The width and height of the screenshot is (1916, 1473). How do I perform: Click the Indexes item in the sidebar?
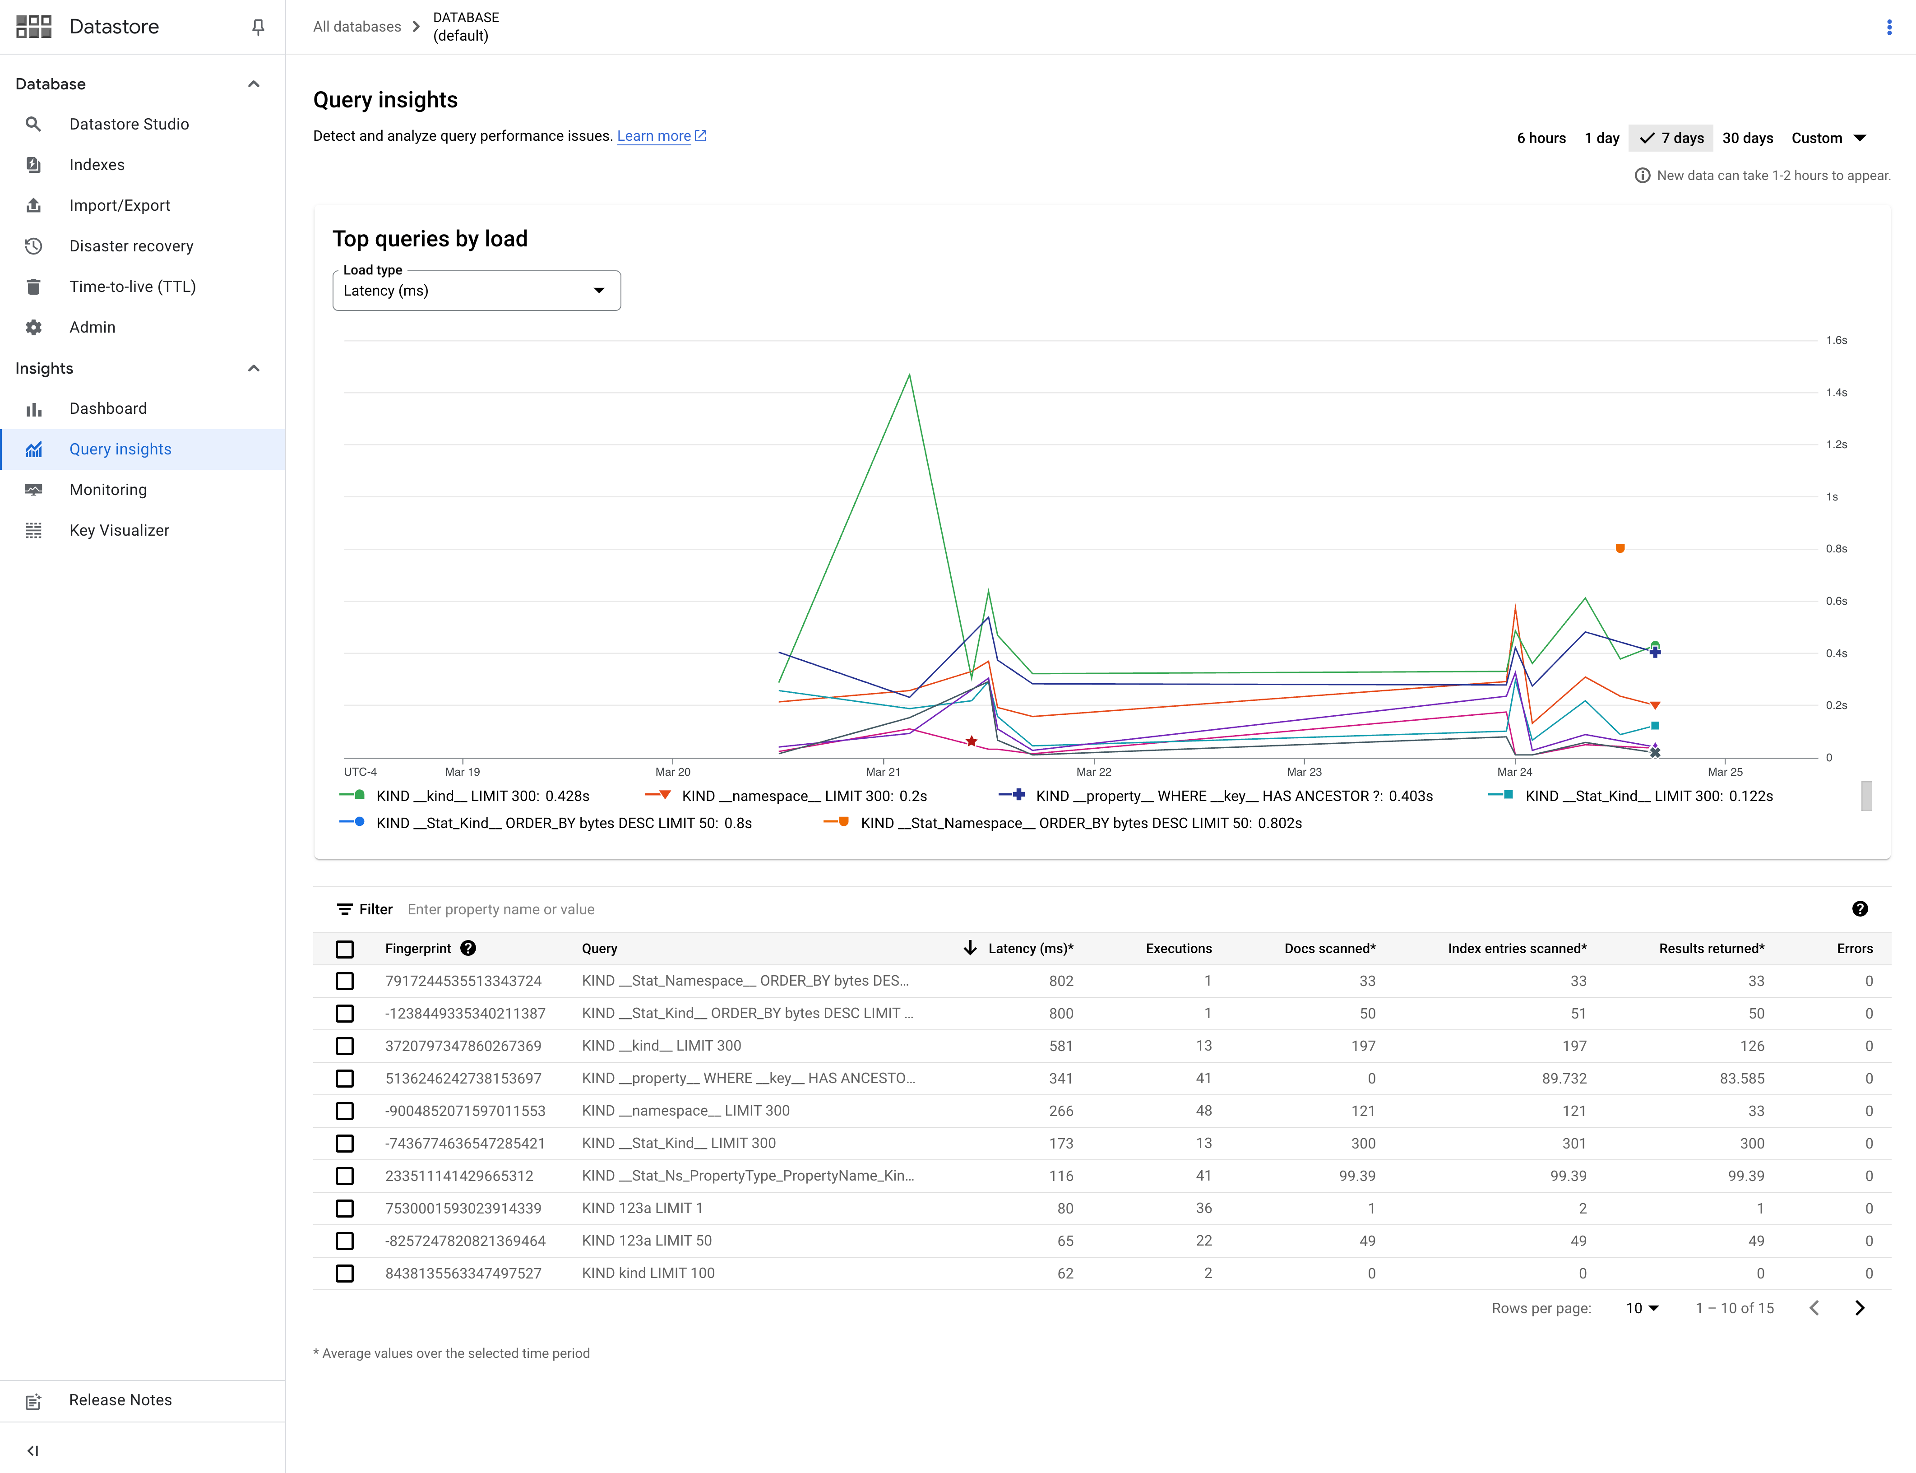(97, 165)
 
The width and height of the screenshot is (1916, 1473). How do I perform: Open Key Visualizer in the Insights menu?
(119, 530)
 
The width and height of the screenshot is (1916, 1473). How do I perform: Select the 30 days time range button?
(1747, 138)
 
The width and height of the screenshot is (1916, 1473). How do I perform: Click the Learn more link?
(654, 136)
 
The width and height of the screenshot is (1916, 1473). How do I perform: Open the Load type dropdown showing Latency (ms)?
(476, 290)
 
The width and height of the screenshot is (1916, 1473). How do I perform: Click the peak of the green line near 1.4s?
(909, 375)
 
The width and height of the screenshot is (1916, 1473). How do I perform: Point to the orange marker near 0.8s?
(1620, 549)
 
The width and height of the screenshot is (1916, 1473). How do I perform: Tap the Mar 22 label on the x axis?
(1093, 772)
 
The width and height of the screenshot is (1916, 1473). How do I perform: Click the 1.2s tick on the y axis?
(1836, 445)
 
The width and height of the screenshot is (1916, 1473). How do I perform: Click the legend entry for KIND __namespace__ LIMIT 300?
(804, 796)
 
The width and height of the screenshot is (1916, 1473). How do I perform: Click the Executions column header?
(1178, 949)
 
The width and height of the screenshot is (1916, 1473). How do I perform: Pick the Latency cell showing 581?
(1060, 1046)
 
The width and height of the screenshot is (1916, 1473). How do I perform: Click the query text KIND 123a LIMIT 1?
(642, 1208)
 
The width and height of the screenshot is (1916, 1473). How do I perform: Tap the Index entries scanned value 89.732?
(1564, 1079)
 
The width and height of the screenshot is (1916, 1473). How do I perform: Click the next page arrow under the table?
(1859, 1308)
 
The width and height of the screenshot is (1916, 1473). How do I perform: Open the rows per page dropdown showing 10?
(1642, 1308)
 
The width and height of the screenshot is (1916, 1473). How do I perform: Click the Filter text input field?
(614, 909)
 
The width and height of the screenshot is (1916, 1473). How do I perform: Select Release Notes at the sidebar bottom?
(120, 1400)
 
